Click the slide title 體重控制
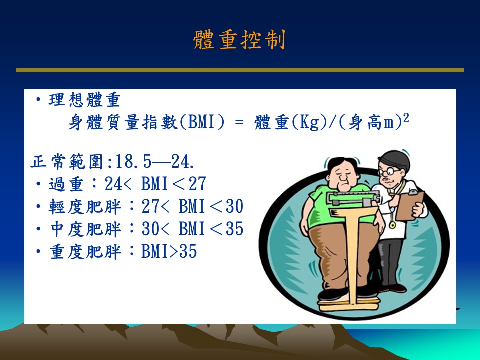coord(239,40)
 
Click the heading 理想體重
coord(85,100)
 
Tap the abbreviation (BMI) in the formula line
coord(202,122)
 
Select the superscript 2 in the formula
coord(406,118)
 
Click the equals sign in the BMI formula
coord(239,123)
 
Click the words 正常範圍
coord(67,161)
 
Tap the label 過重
coord(66,184)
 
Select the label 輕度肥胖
coord(85,207)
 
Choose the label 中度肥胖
coord(85,229)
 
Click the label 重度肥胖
coord(85,252)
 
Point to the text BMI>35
coord(169,252)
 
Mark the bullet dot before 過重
coord(38,184)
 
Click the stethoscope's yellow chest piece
coord(392,225)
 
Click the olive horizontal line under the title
coord(240,70)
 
